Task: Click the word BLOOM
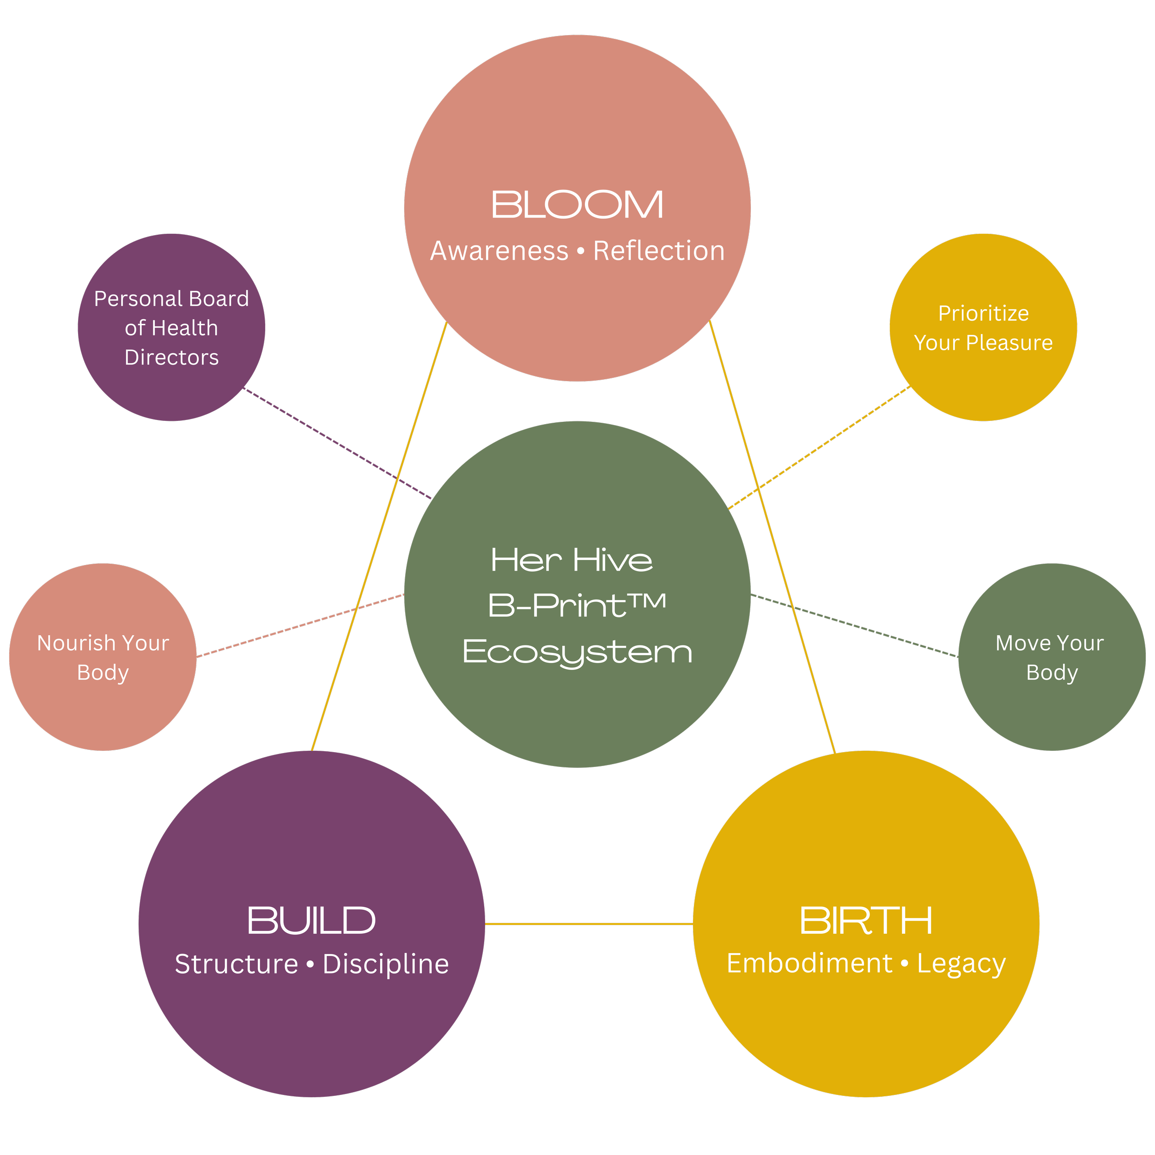(x=577, y=205)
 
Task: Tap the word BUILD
(x=311, y=921)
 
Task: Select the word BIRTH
(x=866, y=921)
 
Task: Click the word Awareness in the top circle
(x=499, y=251)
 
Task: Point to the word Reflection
(x=659, y=251)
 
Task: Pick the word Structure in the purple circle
(x=236, y=964)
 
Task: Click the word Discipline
(x=386, y=964)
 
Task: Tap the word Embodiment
(x=809, y=964)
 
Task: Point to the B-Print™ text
(x=577, y=606)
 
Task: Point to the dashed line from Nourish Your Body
(x=299, y=626)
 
